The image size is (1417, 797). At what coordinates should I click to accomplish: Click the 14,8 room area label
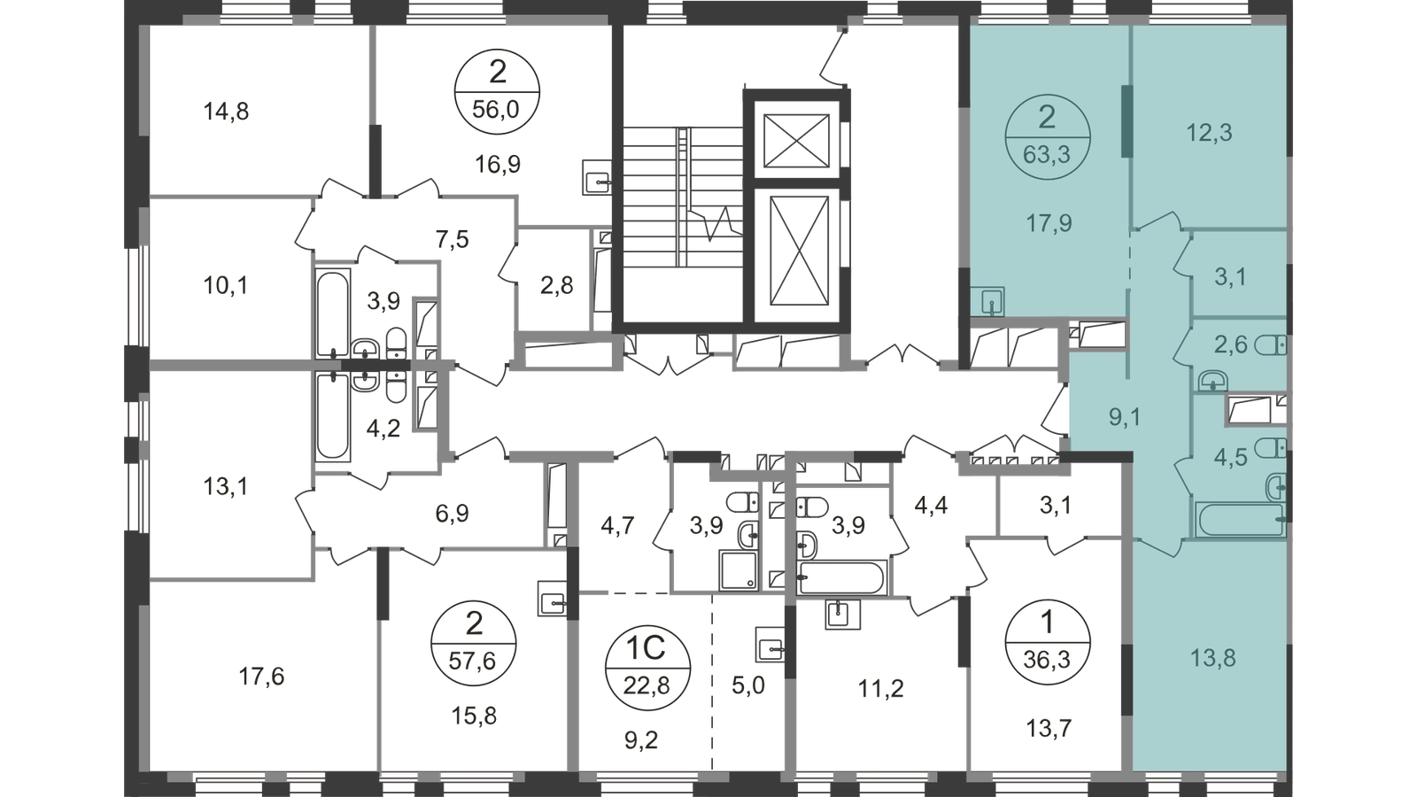(x=226, y=112)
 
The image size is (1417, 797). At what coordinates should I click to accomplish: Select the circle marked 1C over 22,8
(x=647, y=668)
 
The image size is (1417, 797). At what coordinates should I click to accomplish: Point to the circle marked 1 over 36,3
(x=1047, y=643)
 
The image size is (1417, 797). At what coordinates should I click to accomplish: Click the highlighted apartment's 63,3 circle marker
(x=1047, y=136)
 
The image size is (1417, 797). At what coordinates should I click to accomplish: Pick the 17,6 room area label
(x=261, y=677)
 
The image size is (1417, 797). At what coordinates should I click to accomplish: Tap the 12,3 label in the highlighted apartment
(x=1209, y=134)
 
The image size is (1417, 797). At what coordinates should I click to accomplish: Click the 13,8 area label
(x=1212, y=659)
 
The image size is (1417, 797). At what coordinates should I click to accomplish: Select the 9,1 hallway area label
(x=1125, y=417)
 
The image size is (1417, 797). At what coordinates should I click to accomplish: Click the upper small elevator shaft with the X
(x=796, y=141)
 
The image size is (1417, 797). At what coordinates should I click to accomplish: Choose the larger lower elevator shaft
(x=800, y=249)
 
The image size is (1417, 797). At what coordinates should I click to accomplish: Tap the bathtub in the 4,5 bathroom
(x=1241, y=519)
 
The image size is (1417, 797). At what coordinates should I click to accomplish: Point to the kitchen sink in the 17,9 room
(x=987, y=302)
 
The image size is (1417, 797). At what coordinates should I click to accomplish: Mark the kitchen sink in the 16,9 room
(x=597, y=176)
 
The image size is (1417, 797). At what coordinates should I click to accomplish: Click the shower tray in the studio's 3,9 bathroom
(x=739, y=571)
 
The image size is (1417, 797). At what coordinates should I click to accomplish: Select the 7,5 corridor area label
(x=453, y=240)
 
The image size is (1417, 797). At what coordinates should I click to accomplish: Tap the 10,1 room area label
(x=226, y=286)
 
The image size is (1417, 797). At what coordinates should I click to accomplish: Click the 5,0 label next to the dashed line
(x=748, y=685)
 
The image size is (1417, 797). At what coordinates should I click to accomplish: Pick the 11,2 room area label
(x=880, y=688)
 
